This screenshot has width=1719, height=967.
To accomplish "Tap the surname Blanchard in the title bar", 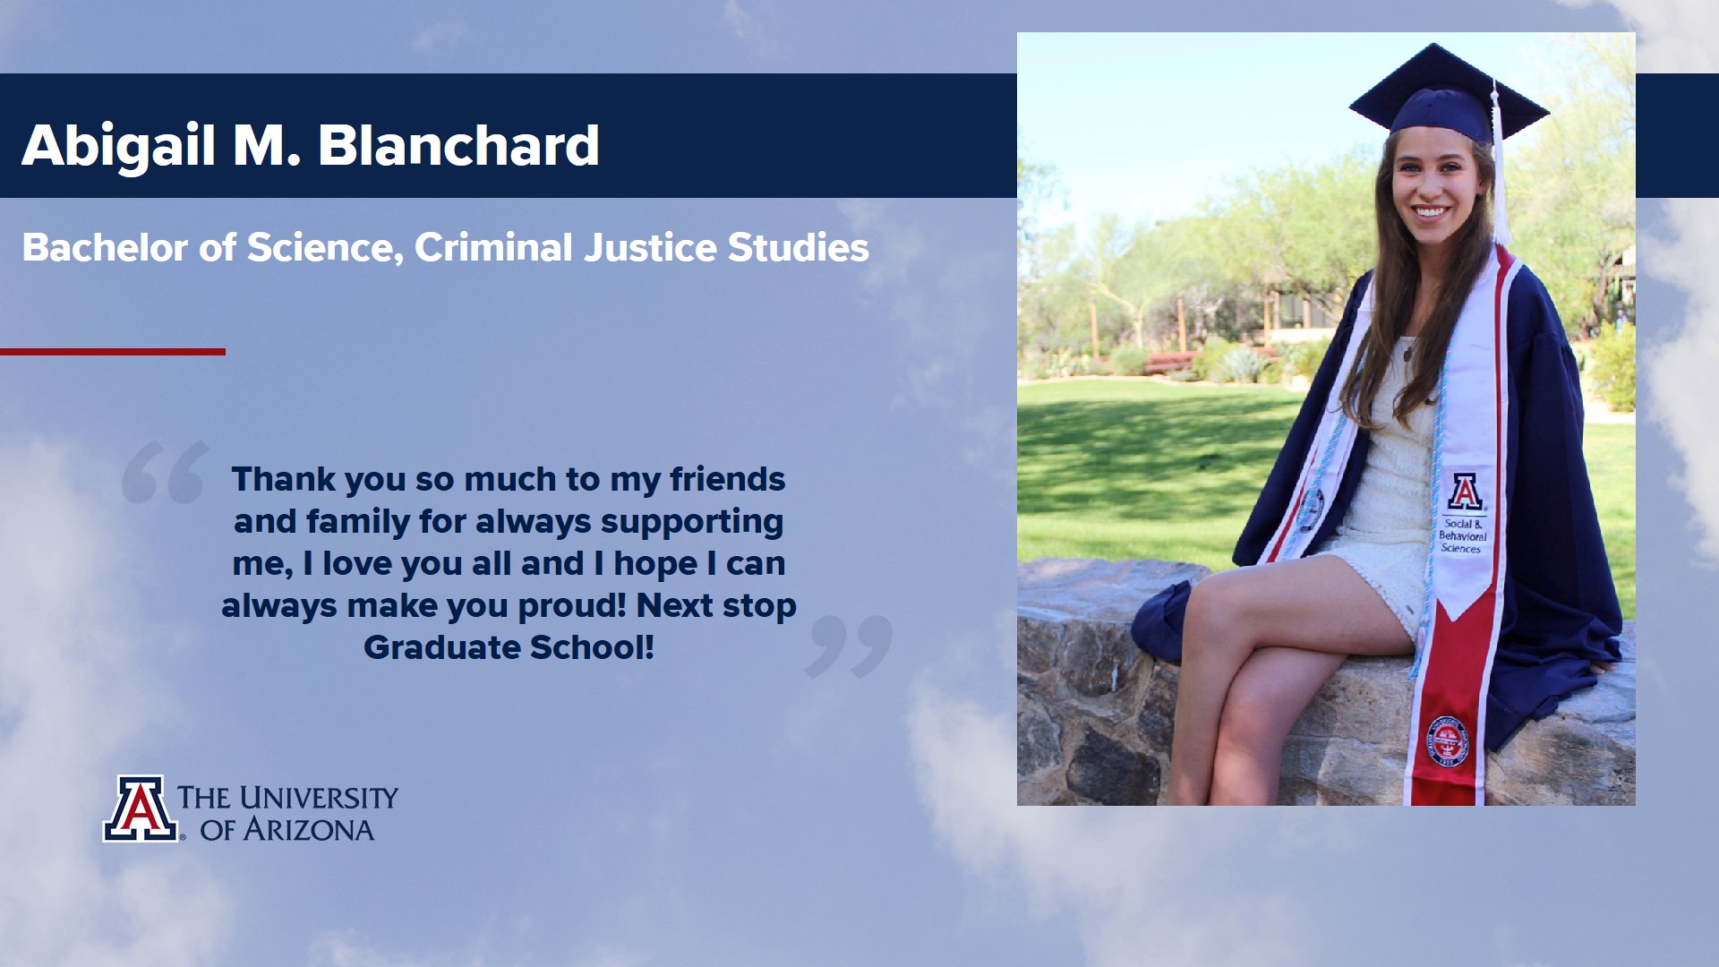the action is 458,145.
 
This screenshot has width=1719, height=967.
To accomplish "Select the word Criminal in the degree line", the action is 493,247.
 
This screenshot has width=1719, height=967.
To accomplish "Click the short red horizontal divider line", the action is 113,352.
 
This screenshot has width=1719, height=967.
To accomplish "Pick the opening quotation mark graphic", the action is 166,472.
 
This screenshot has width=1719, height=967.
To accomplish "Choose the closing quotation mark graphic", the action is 849,646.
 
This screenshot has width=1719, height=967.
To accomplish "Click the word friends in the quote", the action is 727,479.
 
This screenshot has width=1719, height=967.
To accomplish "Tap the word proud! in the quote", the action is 572,606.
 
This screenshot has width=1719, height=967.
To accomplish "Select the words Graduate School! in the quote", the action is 509,647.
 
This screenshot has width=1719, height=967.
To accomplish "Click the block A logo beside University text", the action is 141,809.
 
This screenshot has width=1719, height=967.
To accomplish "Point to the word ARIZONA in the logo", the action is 309,830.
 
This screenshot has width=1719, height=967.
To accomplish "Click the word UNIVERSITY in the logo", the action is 318,797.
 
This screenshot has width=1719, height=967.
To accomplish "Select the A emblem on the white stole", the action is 1465,492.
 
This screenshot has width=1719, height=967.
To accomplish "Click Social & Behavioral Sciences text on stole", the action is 1461,535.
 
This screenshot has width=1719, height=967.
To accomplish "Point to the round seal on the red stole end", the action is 1447,740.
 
